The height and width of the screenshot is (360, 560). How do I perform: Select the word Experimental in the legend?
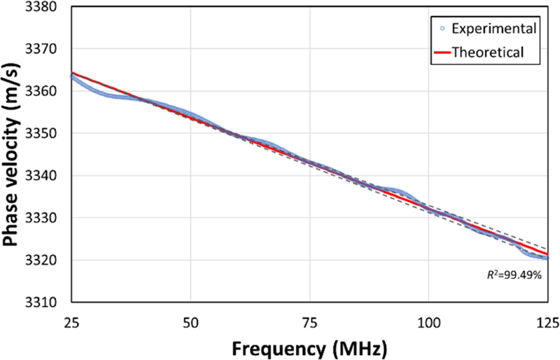[494, 29]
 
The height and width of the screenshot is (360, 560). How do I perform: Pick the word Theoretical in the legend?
[488, 52]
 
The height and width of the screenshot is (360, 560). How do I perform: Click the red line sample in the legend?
[442, 52]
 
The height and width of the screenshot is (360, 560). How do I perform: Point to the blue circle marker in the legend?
[442, 29]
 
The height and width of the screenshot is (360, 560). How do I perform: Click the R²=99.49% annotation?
[515, 275]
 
